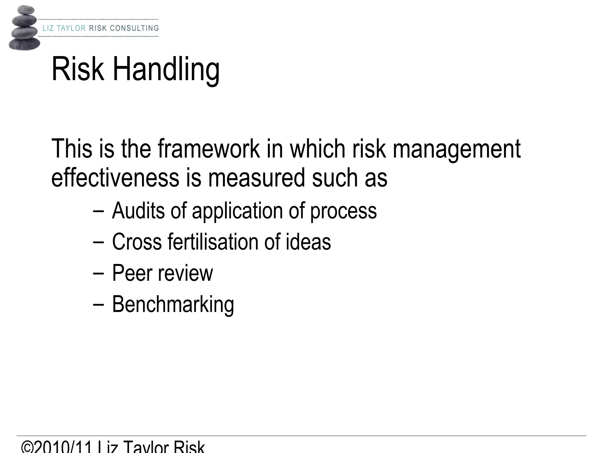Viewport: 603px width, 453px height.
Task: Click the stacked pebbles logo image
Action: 24,28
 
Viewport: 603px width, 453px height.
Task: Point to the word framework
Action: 208,149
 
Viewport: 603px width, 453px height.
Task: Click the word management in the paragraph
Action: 456,149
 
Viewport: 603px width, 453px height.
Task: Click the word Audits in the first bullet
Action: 138,211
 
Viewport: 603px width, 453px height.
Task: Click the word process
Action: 343,211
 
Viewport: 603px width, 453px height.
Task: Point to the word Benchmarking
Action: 173,304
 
